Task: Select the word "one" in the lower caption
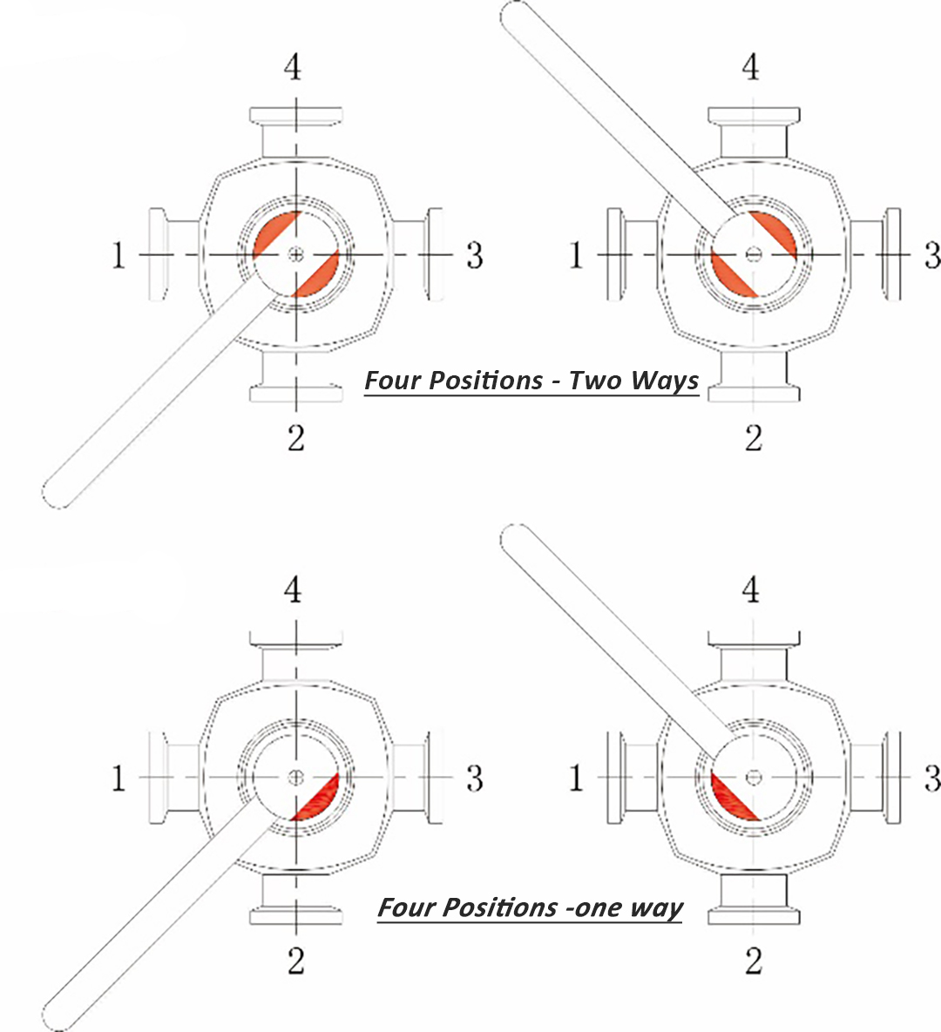[599, 907]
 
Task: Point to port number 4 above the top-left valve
[294, 66]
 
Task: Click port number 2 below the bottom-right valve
[754, 960]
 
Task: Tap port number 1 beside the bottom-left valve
[118, 778]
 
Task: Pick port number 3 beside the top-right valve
[931, 255]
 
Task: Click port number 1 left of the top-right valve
[576, 255]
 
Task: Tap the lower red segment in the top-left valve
[318, 275]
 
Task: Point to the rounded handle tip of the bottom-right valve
[515, 538]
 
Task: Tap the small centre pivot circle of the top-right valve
[754, 254]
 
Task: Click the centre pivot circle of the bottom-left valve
[296, 776]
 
